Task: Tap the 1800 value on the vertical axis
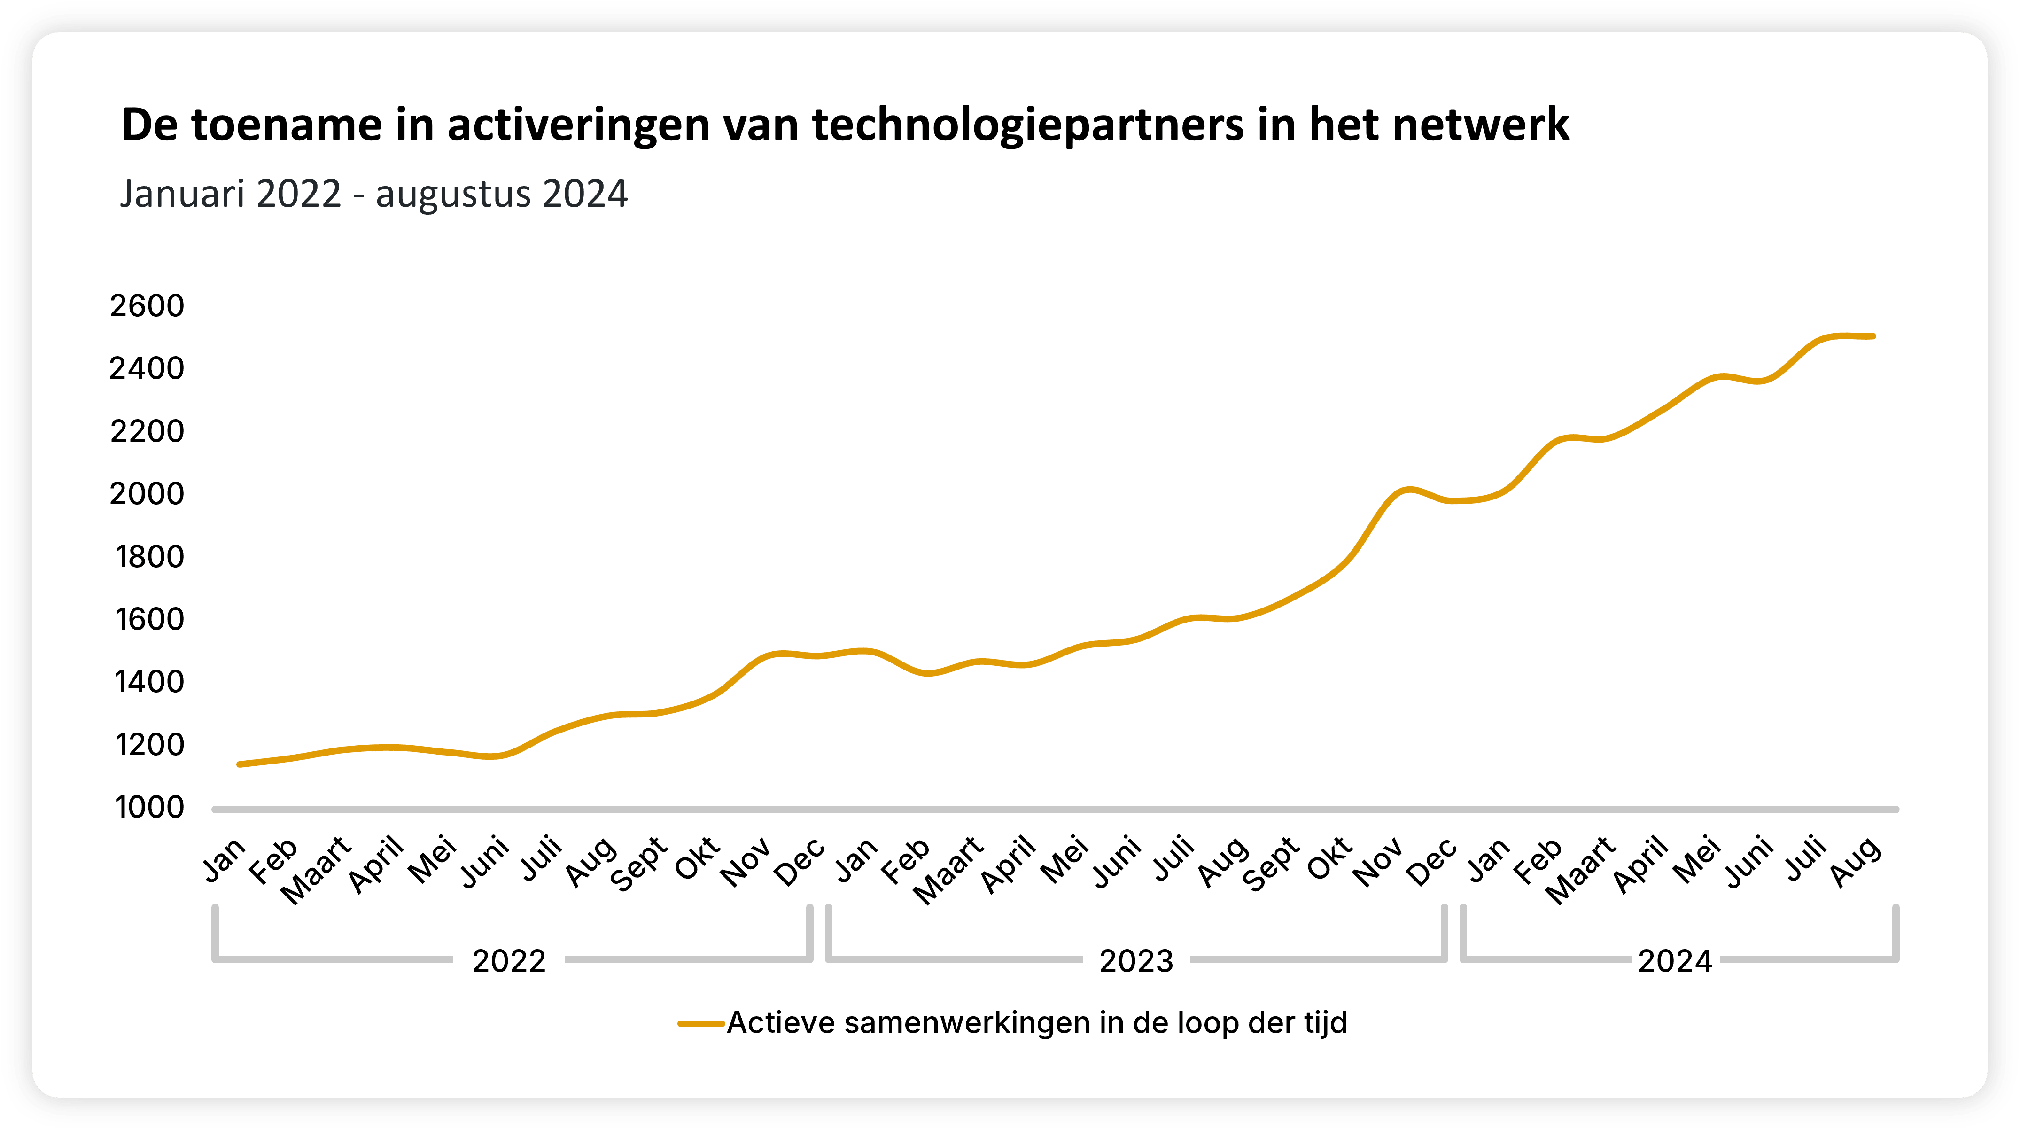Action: click(x=149, y=557)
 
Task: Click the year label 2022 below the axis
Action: click(x=509, y=961)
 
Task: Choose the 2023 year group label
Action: click(x=1136, y=961)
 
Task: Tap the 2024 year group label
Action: click(x=1675, y=961)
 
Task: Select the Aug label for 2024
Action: click(x=1857, y=861)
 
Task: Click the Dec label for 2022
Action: click(x=800, y=861)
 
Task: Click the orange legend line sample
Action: click(x=700, y=1023)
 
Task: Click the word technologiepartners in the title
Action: click(x=1028, y=125)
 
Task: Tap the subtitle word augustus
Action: click(x=453, y=194)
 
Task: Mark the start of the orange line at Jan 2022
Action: click(x=238, y=764)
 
